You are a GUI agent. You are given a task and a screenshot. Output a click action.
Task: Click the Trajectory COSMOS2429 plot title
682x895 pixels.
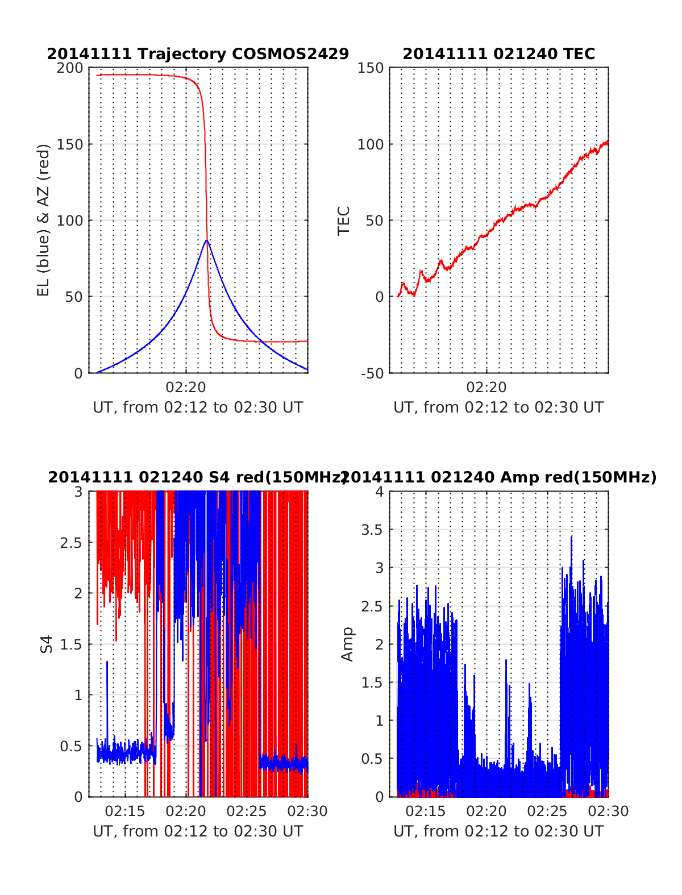tap(198, 54)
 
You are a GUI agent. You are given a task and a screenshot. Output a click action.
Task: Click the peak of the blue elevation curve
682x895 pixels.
tap(207, 240)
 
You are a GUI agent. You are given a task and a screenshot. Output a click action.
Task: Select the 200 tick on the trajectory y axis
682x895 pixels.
tap(70, 68)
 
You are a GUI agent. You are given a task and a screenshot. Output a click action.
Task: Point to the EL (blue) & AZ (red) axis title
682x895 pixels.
tap(44, 220)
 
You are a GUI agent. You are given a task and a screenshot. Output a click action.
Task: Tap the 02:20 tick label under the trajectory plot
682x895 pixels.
tap(186, 388)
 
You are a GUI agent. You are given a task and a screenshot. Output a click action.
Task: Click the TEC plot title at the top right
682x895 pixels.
tap(498, 54)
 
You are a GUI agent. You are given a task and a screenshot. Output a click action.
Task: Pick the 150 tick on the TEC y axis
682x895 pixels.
tap(371, 68)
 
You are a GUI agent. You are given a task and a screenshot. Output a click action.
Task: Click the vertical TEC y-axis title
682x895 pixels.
tap(344, 220)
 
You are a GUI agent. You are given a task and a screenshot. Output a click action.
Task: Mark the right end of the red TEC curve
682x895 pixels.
tap(608, 141)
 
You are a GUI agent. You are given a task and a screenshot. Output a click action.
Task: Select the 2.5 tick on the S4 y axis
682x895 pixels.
tap(71, 542)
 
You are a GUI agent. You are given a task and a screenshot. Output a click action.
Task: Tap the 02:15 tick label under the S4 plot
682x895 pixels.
tap(125, 811)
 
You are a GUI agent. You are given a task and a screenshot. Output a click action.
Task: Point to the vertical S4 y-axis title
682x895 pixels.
tap(47, 644)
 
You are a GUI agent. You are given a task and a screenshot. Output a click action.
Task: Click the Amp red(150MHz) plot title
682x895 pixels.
tap(498, 477)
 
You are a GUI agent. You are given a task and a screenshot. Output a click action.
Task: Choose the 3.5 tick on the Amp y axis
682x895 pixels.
tap(372, 530)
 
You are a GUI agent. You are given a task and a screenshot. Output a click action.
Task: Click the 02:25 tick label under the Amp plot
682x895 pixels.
tap(547, 811)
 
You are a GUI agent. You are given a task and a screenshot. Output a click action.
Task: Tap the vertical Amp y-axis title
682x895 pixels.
tap(347, 644)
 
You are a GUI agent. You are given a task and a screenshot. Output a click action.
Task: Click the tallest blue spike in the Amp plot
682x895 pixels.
tap(571, 536)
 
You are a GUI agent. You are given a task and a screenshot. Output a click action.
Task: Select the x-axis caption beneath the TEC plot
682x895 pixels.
tap(498, 407)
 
